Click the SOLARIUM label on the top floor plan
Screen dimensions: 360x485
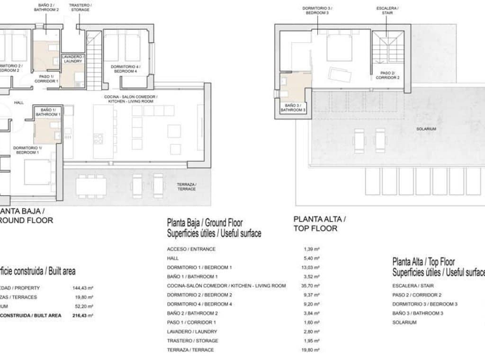(426, 129)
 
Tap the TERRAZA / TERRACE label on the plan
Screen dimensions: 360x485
(186, 187)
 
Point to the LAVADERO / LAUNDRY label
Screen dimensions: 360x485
(73, 59)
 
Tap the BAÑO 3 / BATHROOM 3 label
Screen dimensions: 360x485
(293, 108)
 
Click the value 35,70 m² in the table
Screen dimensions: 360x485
(312, 286)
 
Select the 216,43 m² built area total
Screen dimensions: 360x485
(84, 315)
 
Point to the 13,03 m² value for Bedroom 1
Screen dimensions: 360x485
(312, 267)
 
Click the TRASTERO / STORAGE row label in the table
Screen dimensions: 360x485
(192, 341)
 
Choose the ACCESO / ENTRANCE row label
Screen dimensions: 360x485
(191, 249)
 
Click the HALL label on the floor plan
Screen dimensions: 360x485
(19, 102)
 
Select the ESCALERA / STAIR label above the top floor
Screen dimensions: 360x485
(387, 10)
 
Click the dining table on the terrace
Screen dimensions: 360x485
(91, 186)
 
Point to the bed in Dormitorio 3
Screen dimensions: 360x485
(339, 47)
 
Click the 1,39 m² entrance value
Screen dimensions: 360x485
(312, 249)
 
